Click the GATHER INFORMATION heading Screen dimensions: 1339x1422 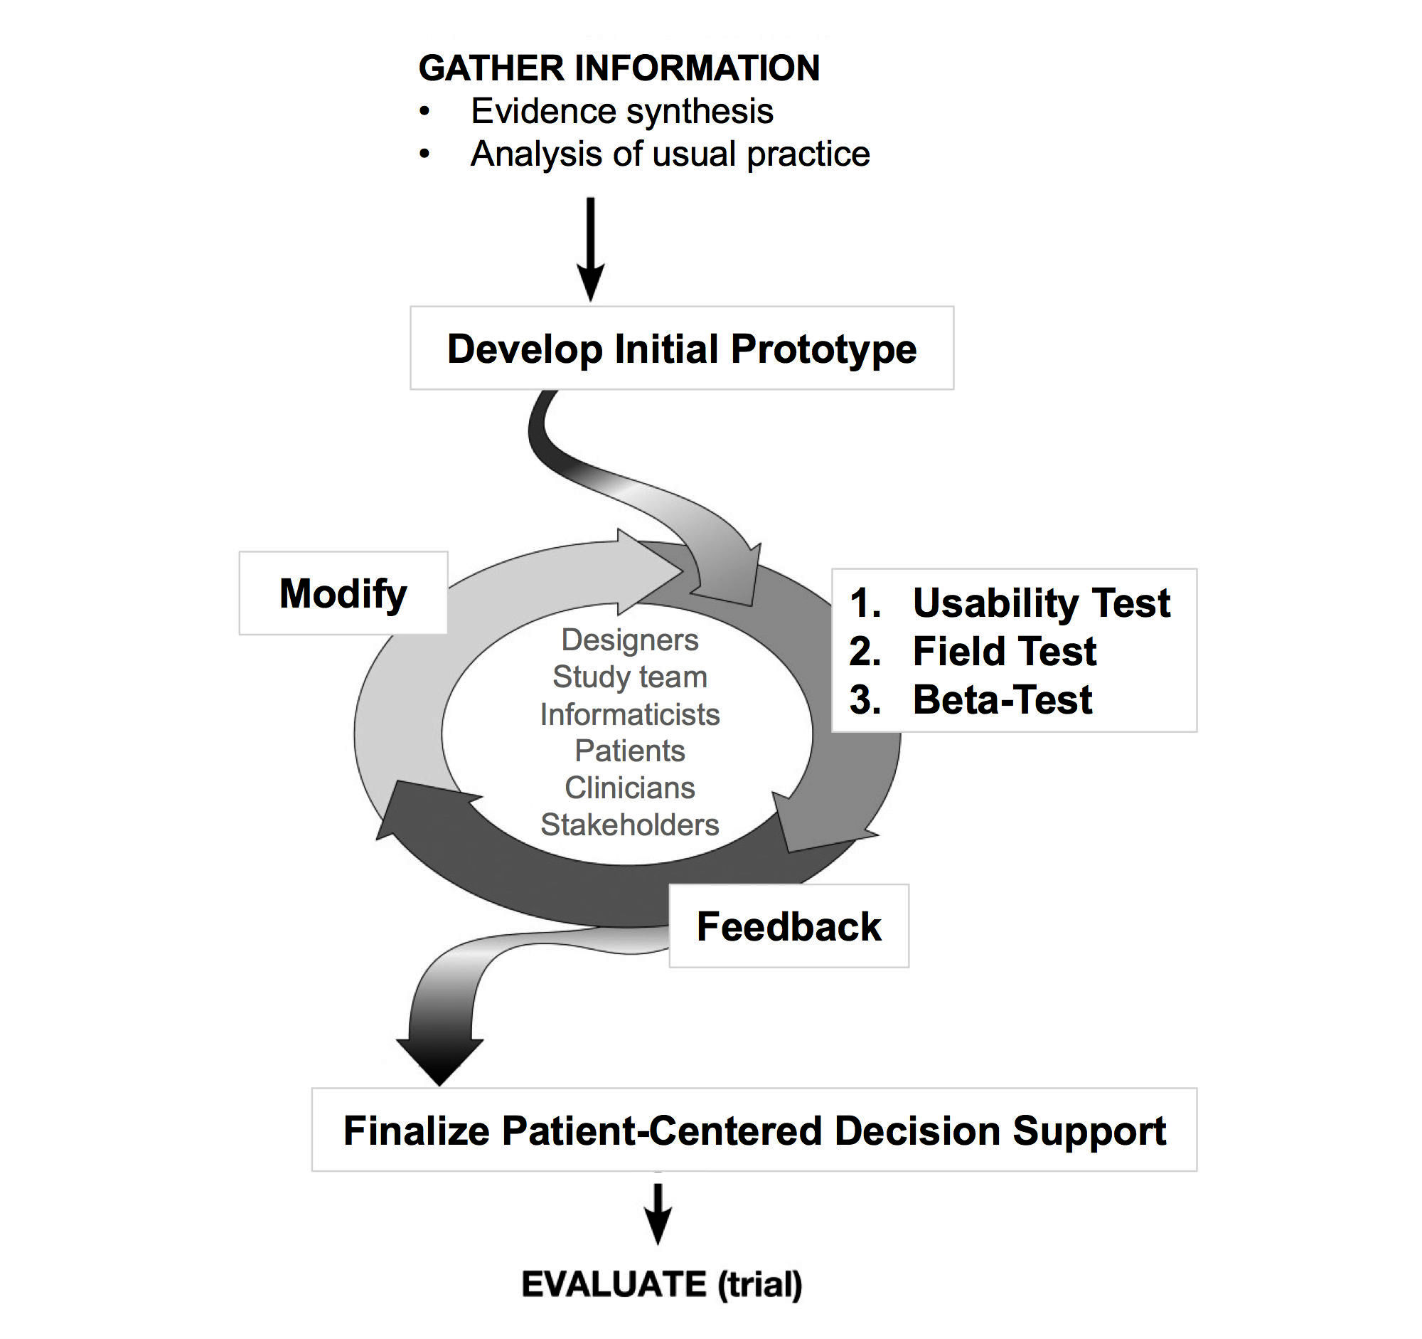pos(619,68)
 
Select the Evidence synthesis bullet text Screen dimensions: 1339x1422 pos(621,112)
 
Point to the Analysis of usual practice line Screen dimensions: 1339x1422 pos(670,154)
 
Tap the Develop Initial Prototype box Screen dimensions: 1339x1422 pos(682,349)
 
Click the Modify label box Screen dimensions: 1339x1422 pos(343,593)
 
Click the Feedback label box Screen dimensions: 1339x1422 pos(789,927)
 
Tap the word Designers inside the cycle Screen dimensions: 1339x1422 pos(629,640)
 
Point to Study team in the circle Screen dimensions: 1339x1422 pos(629,677)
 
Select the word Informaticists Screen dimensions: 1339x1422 pos(629,714)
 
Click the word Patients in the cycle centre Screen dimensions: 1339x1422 pos(629,751)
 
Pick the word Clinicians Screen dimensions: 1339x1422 pos(629,788)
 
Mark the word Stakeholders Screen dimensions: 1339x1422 pos(629,825)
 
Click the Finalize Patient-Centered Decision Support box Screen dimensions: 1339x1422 pos(754,1131)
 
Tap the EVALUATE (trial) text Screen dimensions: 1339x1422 pos(662,1284)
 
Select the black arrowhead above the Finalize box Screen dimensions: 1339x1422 pos(439,1060)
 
